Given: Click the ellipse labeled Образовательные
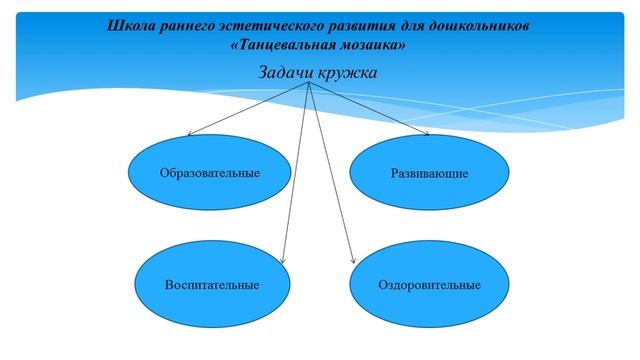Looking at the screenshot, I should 210,172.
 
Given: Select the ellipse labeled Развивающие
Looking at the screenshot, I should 429,172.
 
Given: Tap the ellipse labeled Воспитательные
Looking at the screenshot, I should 212,284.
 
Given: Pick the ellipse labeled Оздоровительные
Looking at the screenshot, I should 429,284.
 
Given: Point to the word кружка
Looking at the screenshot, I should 349,72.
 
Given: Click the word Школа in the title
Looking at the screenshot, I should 131,24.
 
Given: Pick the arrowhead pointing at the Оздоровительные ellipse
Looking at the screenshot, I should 352,263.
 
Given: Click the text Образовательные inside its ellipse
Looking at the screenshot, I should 210,173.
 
